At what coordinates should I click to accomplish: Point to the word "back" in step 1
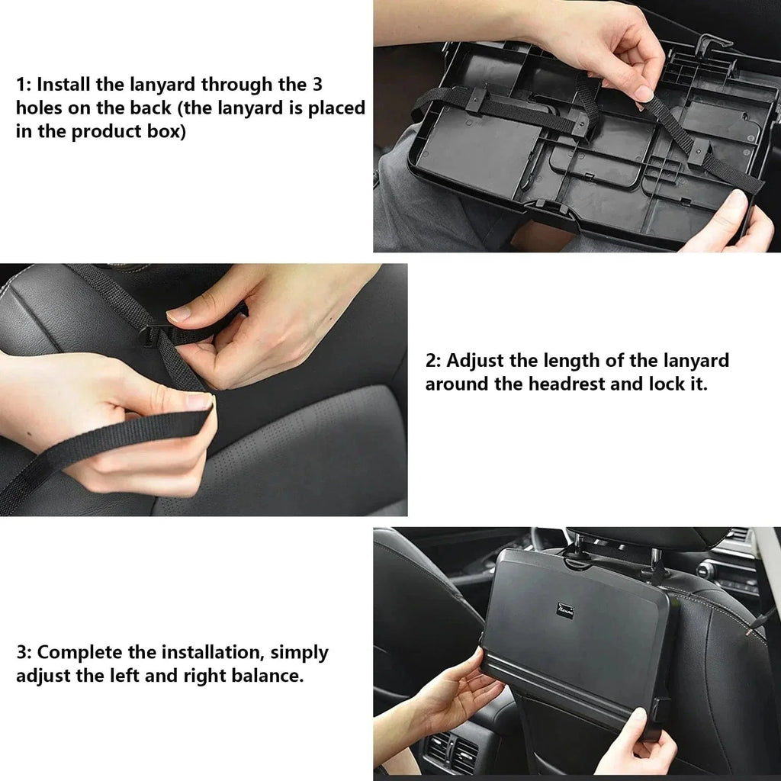point(149,108)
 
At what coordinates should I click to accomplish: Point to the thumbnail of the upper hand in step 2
point(180,313)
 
